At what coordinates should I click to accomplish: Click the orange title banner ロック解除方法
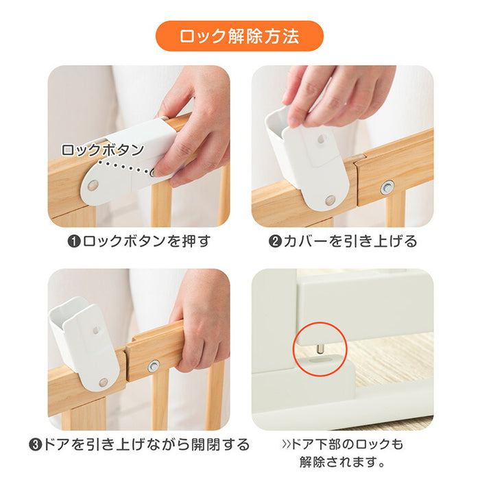click(239, 36)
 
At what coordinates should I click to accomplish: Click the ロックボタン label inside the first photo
click(103, 150)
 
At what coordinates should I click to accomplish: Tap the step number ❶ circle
click(74, 241)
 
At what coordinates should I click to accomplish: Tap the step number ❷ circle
click(275, 241)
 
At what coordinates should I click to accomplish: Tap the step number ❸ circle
click(35, 444)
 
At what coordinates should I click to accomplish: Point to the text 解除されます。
click(342, 461)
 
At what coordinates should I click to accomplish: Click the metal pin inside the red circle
click(320, 348)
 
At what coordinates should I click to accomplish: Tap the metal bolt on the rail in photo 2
click(387, 187)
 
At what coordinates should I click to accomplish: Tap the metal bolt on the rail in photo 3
click(154, 366)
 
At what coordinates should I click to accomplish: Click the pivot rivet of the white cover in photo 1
click(93, 185)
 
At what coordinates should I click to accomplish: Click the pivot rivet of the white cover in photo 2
click(330, 200)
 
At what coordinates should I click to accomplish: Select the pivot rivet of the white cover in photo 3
click(103, 383)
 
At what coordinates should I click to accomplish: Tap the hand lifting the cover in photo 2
click(337, 95)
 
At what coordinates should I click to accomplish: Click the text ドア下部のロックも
click(342, 444)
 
